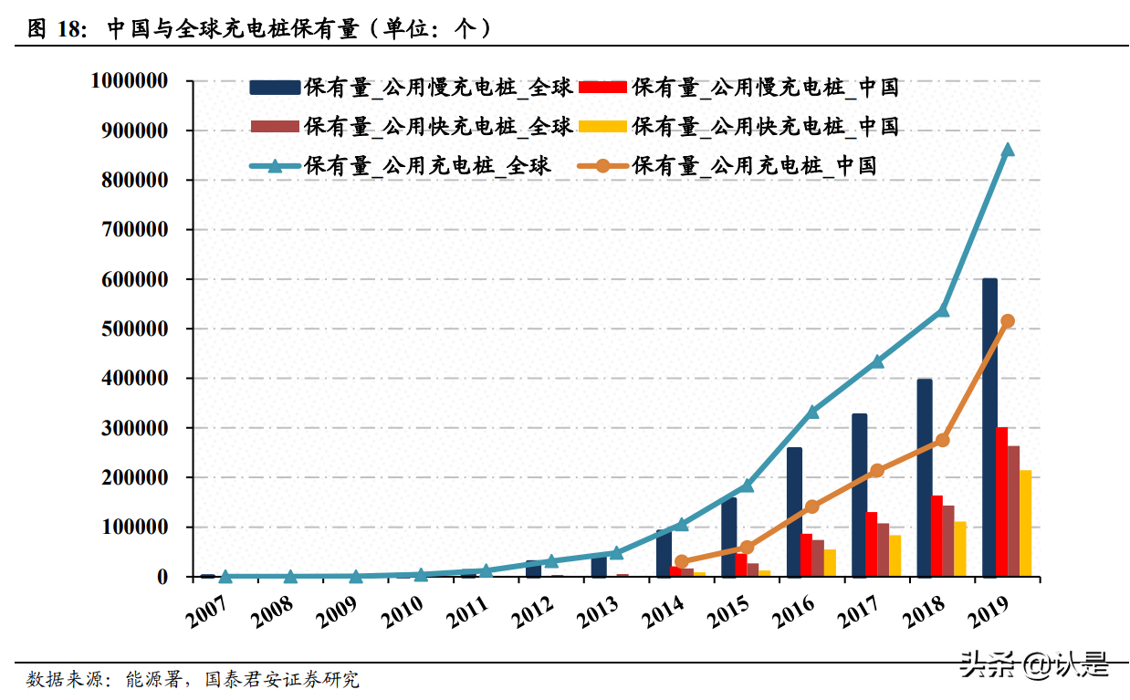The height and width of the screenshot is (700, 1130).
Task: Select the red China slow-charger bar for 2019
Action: click(x=1002, y=502)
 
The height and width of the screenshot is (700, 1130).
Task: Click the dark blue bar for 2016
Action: click(x=794, y=511)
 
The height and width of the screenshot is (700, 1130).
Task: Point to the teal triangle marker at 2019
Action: click(x=1008, y=150)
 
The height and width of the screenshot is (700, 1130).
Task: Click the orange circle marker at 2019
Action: click(x=1008, y=321)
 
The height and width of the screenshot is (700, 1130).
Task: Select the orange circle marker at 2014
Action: click(x=681, y=562)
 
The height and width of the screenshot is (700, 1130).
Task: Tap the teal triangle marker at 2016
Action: click(x=812, y=412)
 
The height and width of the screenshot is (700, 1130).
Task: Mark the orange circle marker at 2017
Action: click(x=877, y=470)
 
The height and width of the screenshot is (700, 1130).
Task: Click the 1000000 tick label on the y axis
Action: click(x=130, y=81)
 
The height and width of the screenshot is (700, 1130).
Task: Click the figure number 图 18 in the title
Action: click(x=57, y=28)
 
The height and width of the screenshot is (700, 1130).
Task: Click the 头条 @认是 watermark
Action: click(x=1033, y=664)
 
